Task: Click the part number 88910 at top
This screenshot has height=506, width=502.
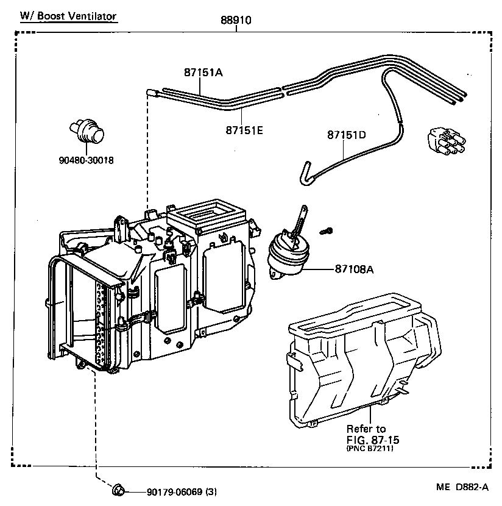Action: [x=236, y=20]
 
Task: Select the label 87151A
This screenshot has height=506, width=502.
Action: [x=203, y=72]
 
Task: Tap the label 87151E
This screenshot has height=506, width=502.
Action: [x=244, y=130]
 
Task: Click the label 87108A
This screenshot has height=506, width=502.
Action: [x=353, y=268]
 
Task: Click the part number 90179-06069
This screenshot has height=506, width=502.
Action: [x=174, y=492]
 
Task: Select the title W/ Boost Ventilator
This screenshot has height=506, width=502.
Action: [x=68, y=16]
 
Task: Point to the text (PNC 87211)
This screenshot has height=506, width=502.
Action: [x=370, y=449]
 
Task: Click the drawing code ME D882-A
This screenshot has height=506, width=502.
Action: [x=462, y=486]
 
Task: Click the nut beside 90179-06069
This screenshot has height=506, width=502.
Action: [x=119, y=490]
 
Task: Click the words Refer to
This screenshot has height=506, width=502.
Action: [x=366, y=429]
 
